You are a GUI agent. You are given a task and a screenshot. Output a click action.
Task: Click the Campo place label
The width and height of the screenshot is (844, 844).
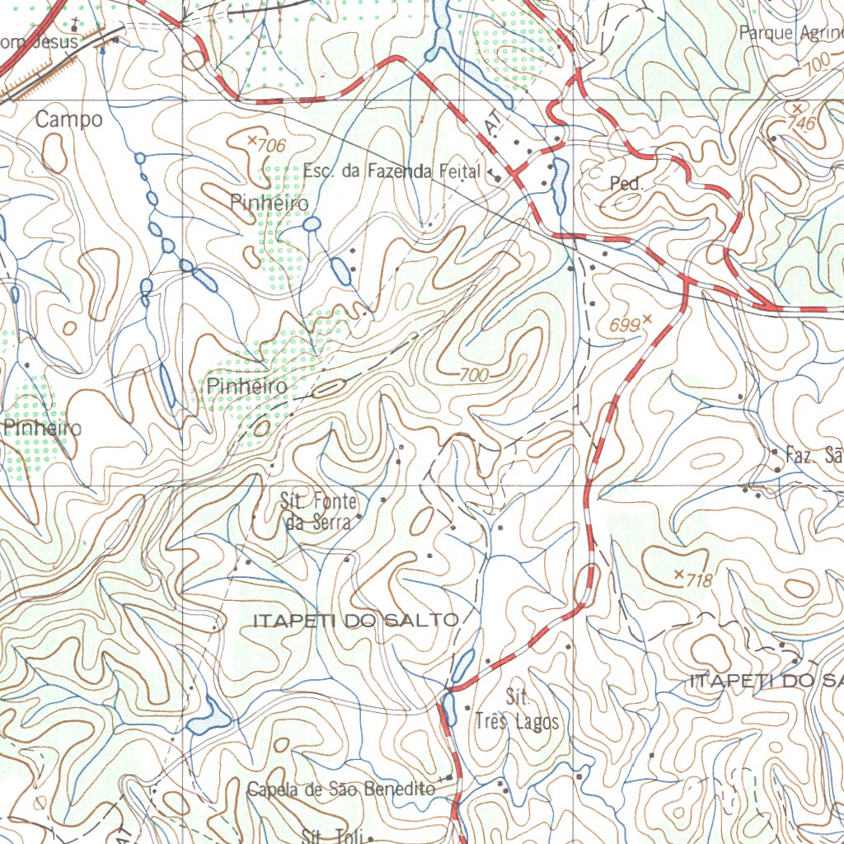pyautogui.click(x=69, y=120)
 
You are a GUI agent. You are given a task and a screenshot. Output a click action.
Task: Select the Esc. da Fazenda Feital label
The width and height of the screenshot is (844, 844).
pyautogui.click(x=391, y=171)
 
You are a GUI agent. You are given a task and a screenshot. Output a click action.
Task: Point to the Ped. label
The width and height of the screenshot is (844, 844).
pyautogui.click(x=626, y=184)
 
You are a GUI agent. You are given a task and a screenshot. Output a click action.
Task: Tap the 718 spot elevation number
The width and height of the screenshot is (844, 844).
pyautogui.click(x=699, y=580)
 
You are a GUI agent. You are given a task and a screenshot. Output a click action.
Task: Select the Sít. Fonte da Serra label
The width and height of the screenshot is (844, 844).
pyautogui.click(x=320, y=511)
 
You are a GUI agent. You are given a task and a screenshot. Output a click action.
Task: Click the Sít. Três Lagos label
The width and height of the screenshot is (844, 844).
pyautogui.click(x=517, y=710)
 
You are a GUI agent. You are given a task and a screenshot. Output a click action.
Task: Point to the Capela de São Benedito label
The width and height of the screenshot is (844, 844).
pyautogui.click(x=341, y=790)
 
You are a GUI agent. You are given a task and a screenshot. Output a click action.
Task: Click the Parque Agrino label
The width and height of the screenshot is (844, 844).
pyautogui.click(x=790, y=33)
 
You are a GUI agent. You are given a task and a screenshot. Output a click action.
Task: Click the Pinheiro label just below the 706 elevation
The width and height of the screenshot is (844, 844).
pyautogui.click(x=270, y=203)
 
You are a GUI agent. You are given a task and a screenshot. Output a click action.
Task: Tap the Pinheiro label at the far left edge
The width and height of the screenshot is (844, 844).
pyautogui.click(x=43, y=428)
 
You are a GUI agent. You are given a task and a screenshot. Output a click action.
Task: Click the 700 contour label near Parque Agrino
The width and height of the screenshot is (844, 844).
pyautogui.click(x=818, y=63)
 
